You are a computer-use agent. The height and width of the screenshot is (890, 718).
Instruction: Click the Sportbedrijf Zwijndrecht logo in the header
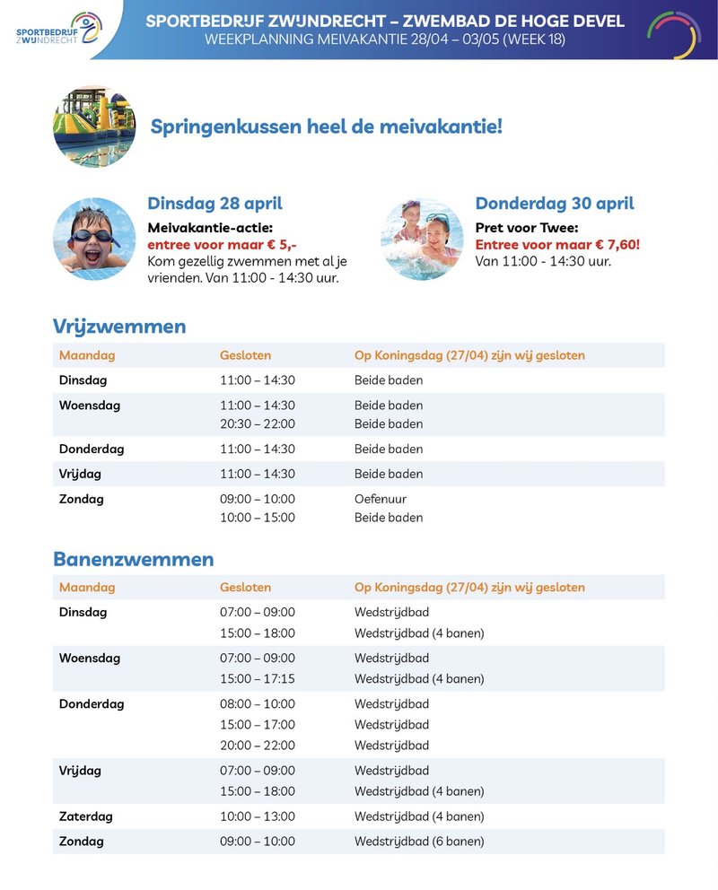pyautogui.click(x=58, y=29)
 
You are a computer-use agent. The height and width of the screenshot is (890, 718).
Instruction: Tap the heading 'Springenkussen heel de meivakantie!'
pyautogui.click(x=327, y=127)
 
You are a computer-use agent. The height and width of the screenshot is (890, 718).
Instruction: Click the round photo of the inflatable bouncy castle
pyautogui.click(x=94, y=127)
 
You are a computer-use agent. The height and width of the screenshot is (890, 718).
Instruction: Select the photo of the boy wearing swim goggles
pyautogui.click(x=94, y=239)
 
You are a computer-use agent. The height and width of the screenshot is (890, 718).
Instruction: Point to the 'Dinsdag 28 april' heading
pyautogui.click(x=215, y=204)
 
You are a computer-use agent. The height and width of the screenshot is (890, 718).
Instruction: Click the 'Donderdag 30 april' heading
pyautogui.click(x=554, y=204)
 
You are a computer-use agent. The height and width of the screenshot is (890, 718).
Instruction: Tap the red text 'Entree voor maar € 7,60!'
pyautogui.click(x=556, y=244)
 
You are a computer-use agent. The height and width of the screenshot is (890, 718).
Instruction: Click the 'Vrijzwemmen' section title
pyautogui.click(x=119, y=327)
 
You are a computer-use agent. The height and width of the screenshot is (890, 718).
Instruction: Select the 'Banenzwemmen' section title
pyautogui.click(x=133, y=560)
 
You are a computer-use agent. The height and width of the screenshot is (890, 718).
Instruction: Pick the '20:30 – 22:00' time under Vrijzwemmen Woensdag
pyautogui.click(x=258, y=423)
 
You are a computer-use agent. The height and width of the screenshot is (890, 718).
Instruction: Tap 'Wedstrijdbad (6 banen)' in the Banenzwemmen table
pyautogui.click(x=419, y=842)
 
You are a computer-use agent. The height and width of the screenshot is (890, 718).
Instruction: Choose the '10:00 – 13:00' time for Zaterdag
pyautogui.click(x=258, y=816)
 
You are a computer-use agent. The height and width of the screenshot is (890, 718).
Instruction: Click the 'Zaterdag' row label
pyautogui.click(x=86, y=816)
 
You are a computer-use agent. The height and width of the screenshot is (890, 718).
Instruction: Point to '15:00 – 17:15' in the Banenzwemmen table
pyautogui.click(x=258, y=679)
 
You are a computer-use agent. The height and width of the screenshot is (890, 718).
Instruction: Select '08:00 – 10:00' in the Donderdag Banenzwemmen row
pyautogui.click(x=258, y=704)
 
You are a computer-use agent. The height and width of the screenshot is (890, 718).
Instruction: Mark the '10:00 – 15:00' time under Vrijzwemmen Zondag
pyautogui.click(x=258, y=518)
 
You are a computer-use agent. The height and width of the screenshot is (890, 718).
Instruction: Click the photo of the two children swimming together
pyautogui.click(x=422, y=239)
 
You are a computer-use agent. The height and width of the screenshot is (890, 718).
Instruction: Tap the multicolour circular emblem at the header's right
pyautogui.click(x=674, y=34)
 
